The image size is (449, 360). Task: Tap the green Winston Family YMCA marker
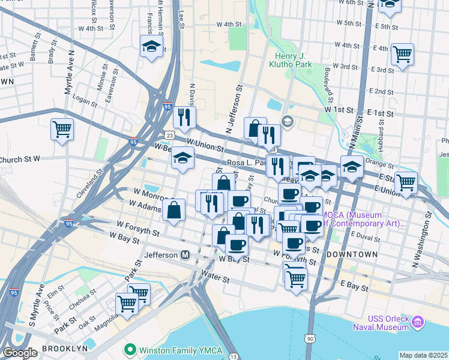pyautogui.click(x=128, y=349)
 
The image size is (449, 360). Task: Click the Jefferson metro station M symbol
pyautogui.click(x=185, y=255)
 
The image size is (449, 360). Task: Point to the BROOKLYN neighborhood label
pyautogui.click(x=61, y=348)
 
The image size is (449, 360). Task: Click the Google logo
pyautogui.click(x=20, y=353)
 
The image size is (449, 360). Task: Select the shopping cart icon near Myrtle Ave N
pyautogui.click(x=62, y=129)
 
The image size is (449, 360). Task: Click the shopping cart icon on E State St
pyautogui.click(x=406, y=181)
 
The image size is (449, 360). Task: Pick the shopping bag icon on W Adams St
pyautogui.click(x=173, y=210)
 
